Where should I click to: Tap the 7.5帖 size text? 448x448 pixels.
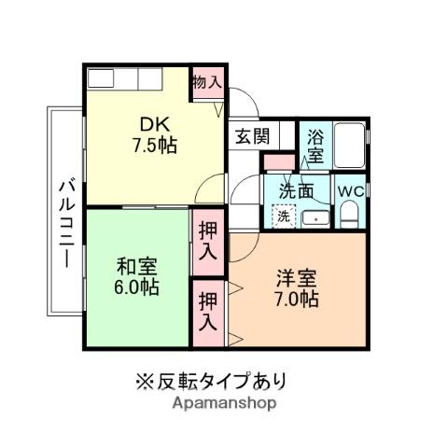pos(154,146)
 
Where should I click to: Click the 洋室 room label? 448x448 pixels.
pos(297,278)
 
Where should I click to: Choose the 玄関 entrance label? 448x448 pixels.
pos(251,136)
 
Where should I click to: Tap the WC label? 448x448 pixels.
pos(350,189)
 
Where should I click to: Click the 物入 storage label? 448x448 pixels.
pos(206,82)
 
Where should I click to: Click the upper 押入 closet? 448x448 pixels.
pos(207,241)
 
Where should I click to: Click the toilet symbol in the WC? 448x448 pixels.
pos(350,215)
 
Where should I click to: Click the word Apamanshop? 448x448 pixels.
pos(223,403)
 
